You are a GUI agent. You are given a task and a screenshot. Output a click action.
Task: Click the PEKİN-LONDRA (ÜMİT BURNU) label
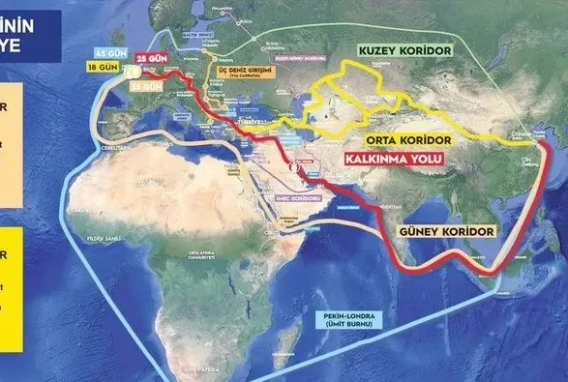[x=345, y=322]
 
